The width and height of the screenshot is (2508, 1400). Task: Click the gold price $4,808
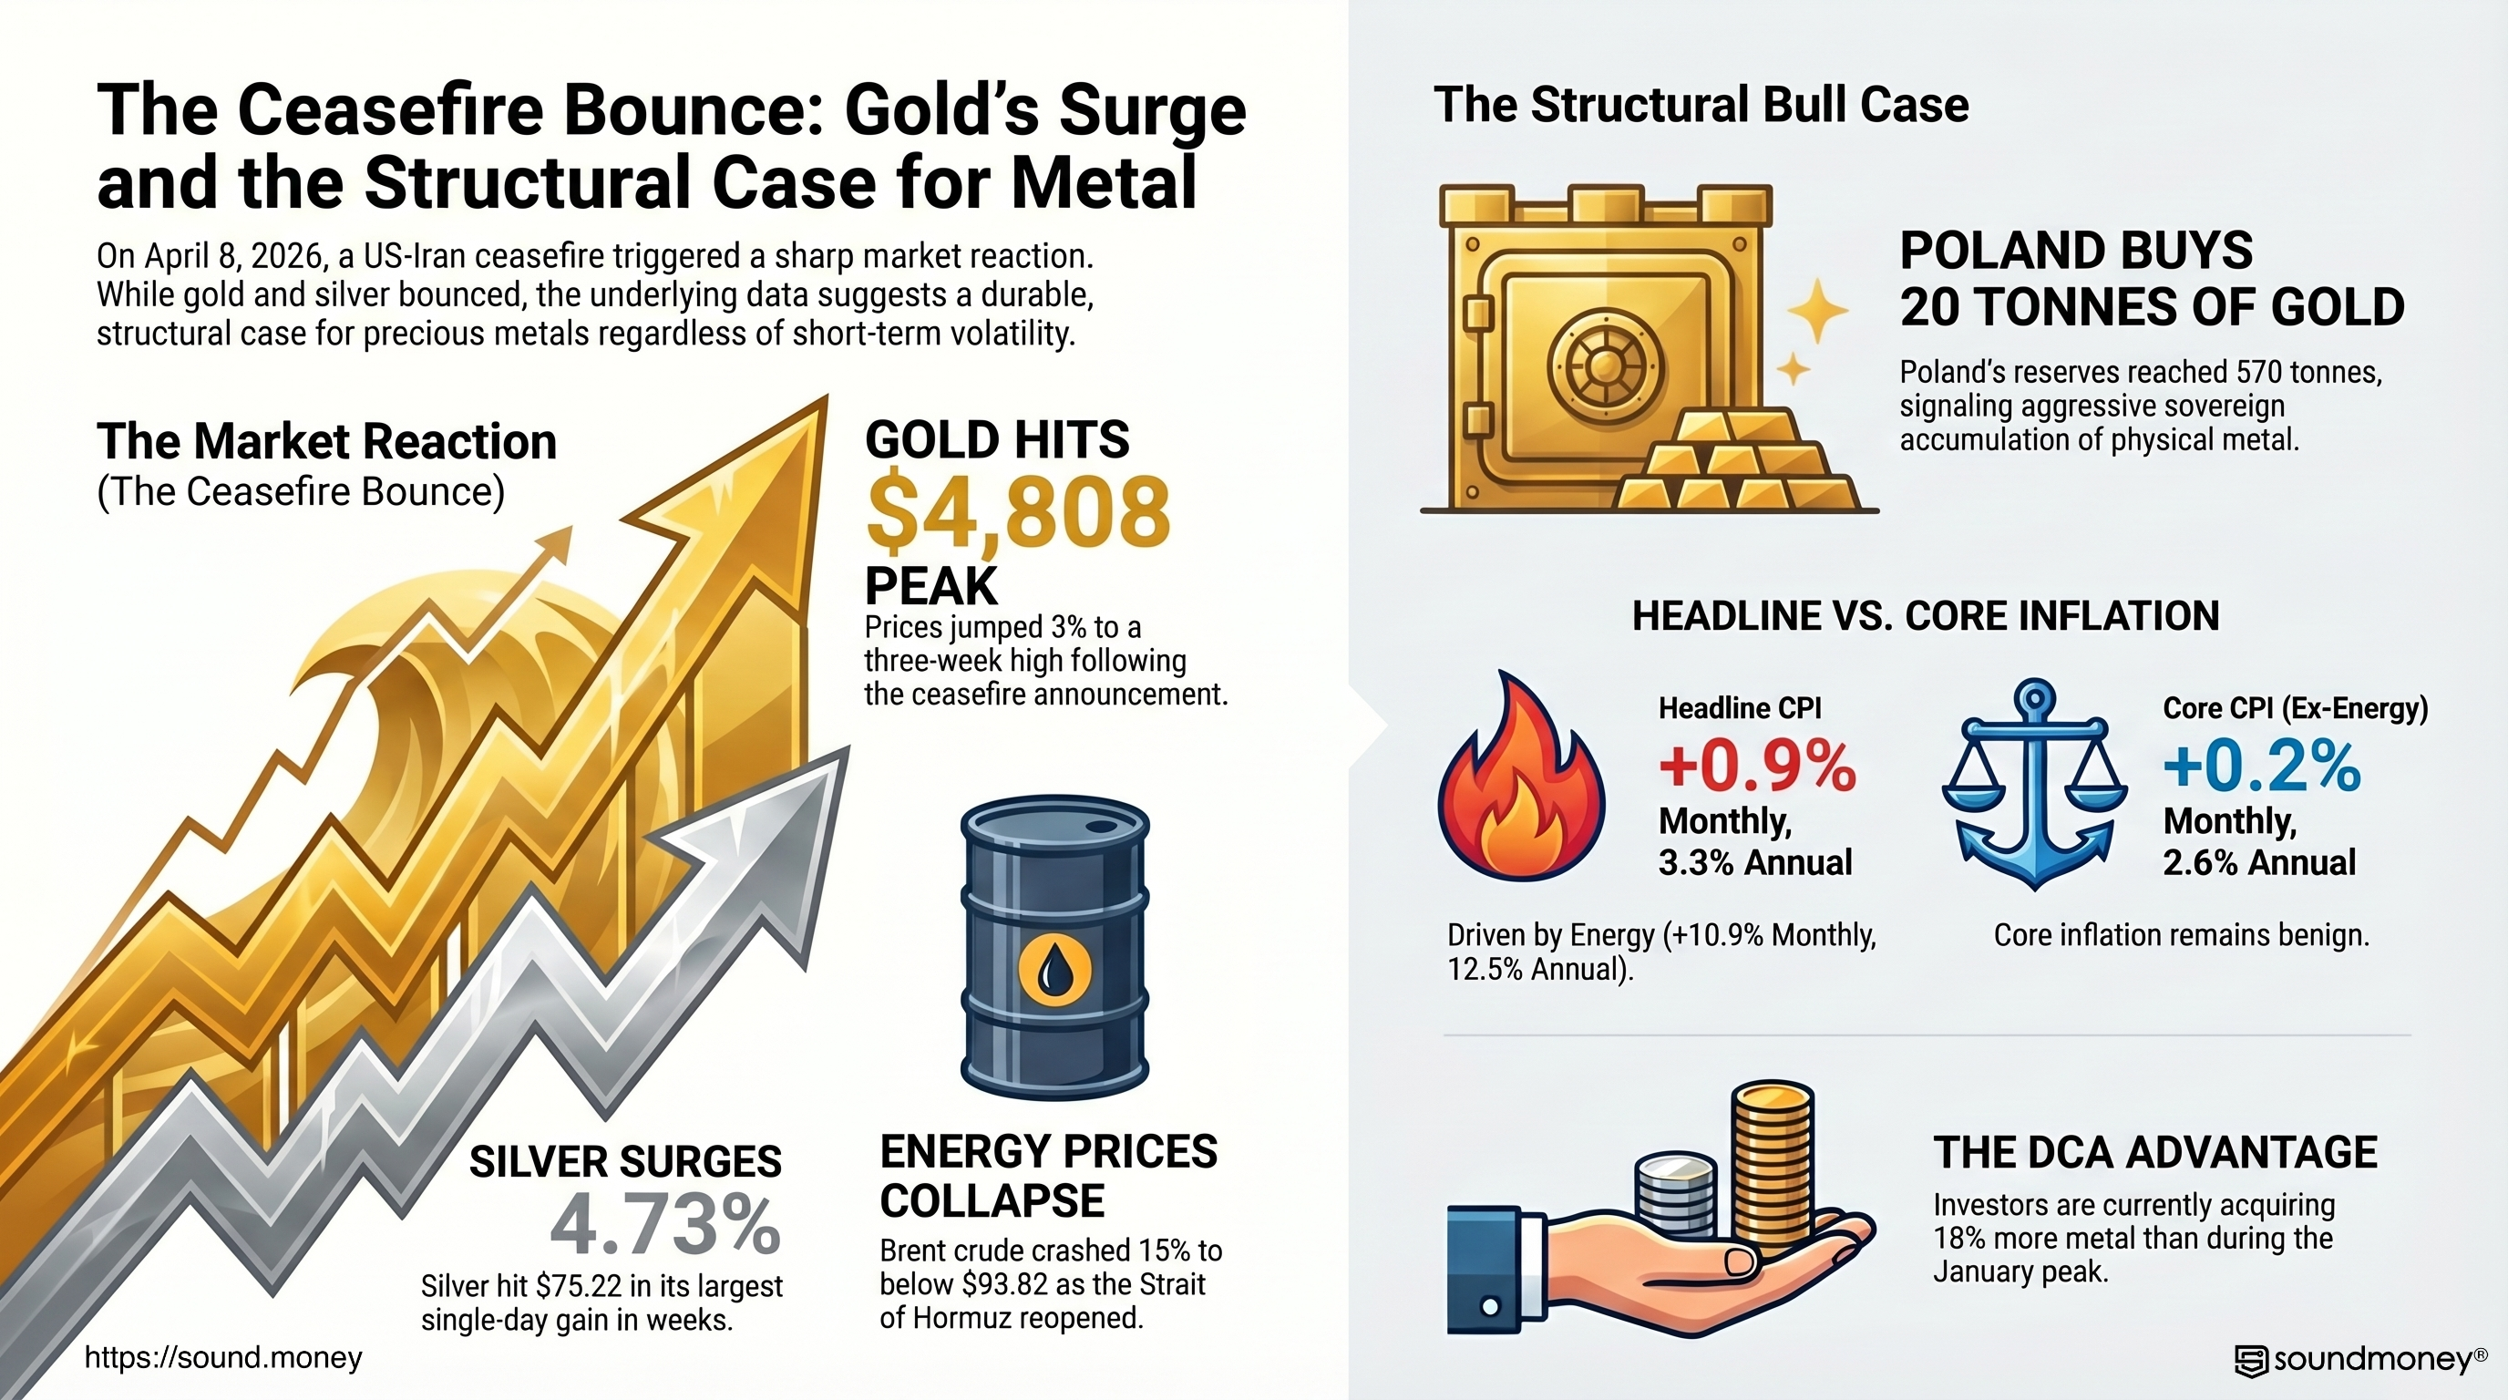pos(1017,513)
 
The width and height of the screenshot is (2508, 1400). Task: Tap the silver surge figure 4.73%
pos(665,1226)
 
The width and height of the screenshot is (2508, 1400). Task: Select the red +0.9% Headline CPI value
pos(1757,767)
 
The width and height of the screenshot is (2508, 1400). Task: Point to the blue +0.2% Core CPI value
pos(2262,767)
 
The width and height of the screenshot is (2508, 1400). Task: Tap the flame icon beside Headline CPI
pos(1520,779)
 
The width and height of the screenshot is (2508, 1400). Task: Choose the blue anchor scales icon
pos(2033,784)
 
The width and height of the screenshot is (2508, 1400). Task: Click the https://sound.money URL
pos(223,1357)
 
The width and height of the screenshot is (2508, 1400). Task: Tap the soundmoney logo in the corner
pos(2360,1360)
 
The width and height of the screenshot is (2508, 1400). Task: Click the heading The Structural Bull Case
pos(1701,105)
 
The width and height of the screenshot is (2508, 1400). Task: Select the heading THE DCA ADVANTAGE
pos(2154,1153)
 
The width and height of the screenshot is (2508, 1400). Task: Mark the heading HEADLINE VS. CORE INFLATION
pos(1925,615)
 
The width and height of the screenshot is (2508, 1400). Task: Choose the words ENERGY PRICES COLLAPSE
pos(1048,1176)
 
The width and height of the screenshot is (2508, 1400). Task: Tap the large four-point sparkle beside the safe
pos(1816,311)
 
